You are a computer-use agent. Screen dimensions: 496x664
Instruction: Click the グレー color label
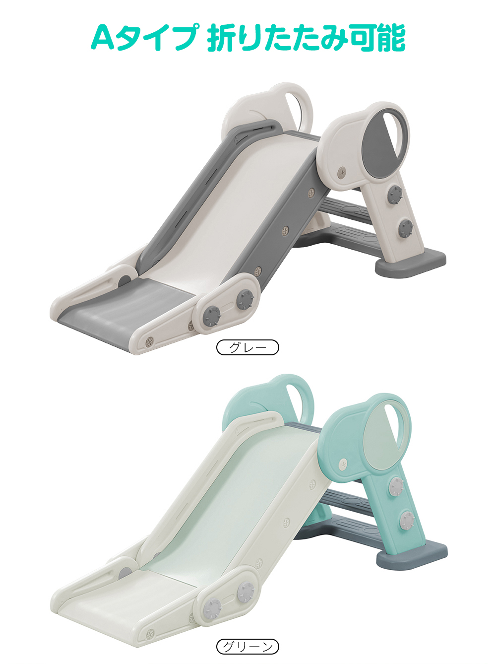click(248, 347)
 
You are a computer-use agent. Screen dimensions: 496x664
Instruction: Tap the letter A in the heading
click(103, 38)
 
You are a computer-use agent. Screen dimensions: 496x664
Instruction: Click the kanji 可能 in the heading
click(377, 38)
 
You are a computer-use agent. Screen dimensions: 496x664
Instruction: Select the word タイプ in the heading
click(157, 38)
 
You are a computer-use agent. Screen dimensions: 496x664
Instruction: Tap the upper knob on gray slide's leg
click(395, 195)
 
